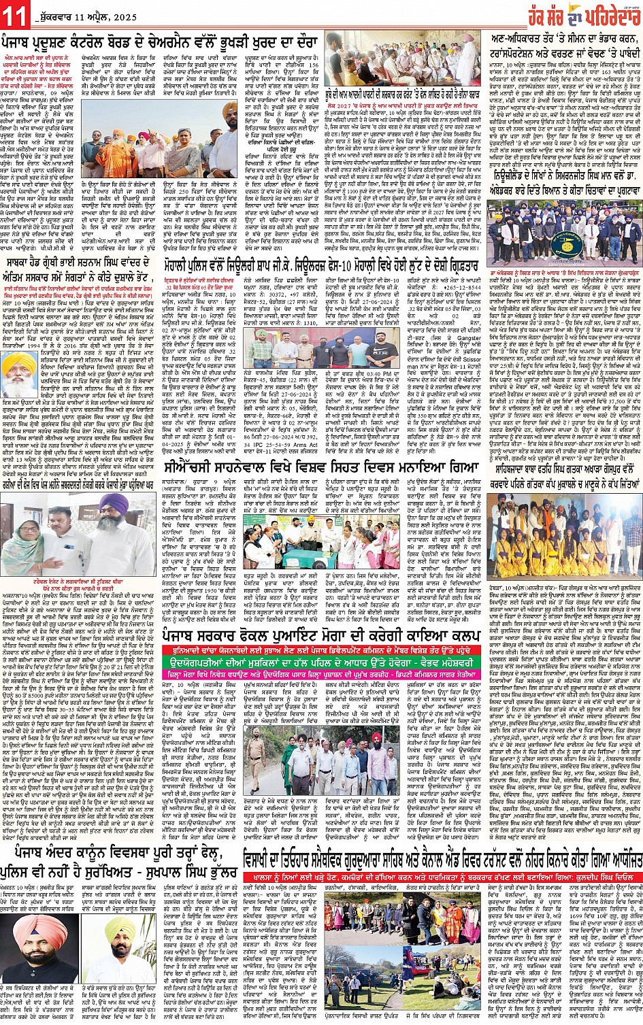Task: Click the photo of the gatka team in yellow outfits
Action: [x=564, y=538]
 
